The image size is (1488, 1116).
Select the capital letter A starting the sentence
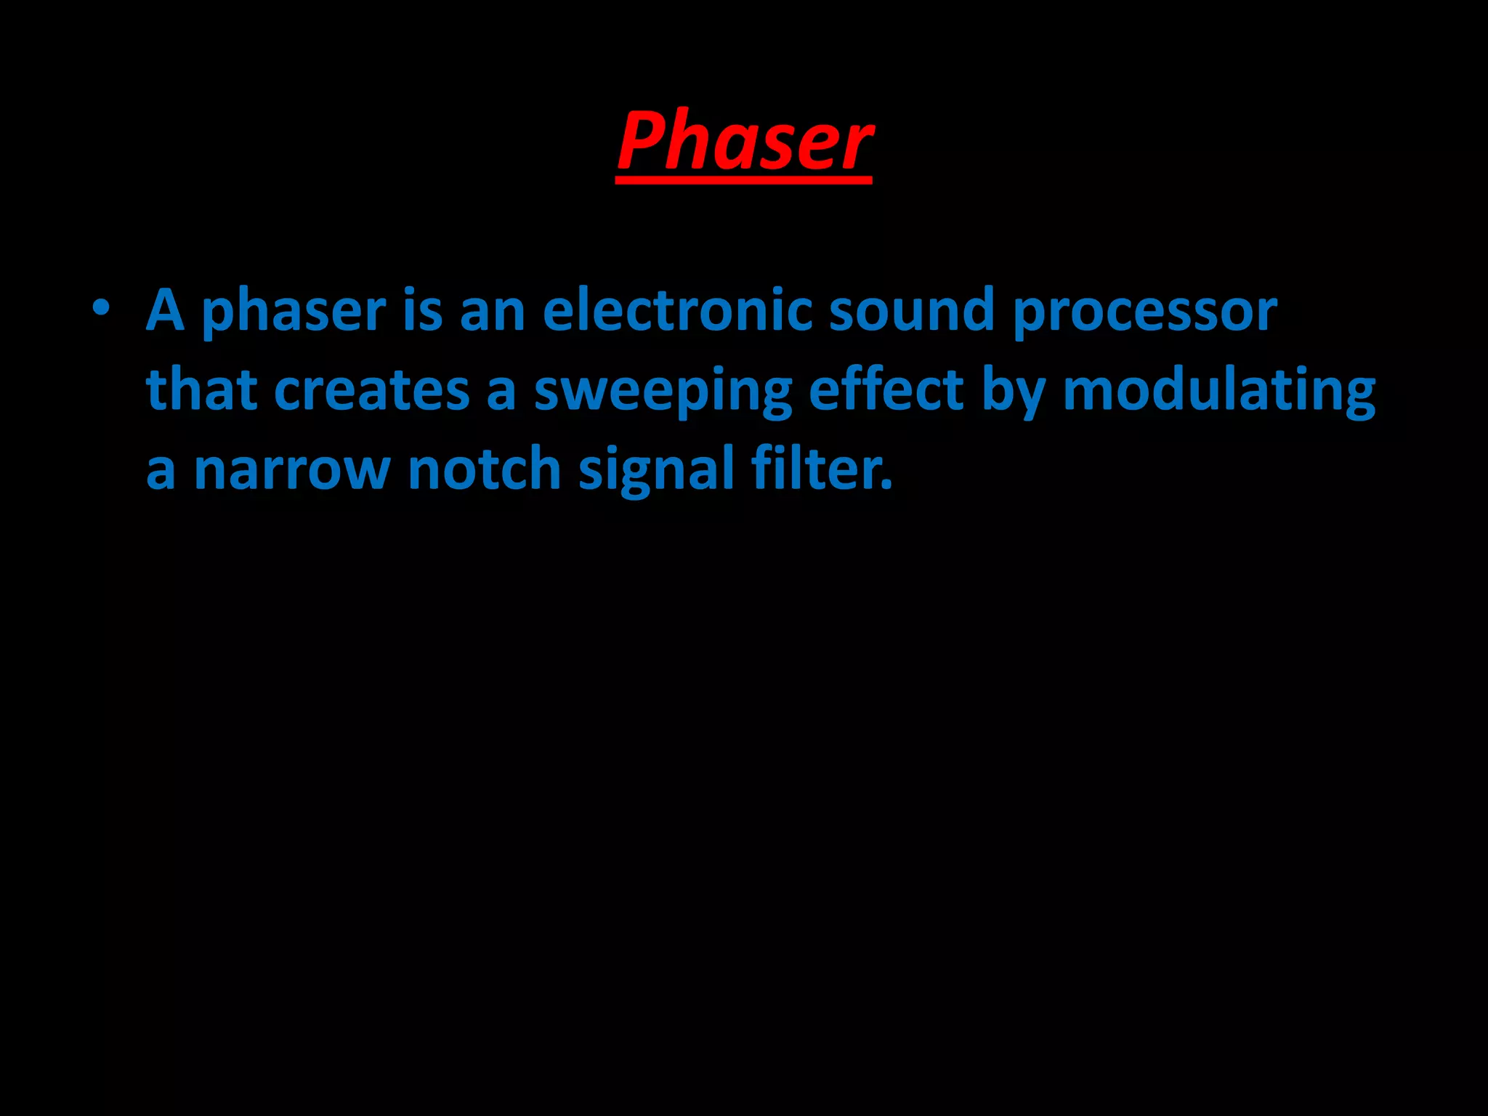click(165, 310)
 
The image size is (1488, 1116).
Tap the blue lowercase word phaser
click(294, 312)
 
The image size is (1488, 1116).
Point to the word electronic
click(677, 310)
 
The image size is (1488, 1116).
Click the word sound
click(911, 310)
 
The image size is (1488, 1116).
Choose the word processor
click(1144, 312)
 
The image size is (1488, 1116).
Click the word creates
click(371, 390)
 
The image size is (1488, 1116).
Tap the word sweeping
click(663, 392)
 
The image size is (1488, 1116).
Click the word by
click(1014, 392)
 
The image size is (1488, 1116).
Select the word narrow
click(292, 470)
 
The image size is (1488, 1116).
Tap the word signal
click(656, 472)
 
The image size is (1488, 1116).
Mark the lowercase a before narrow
click(161, 472)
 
